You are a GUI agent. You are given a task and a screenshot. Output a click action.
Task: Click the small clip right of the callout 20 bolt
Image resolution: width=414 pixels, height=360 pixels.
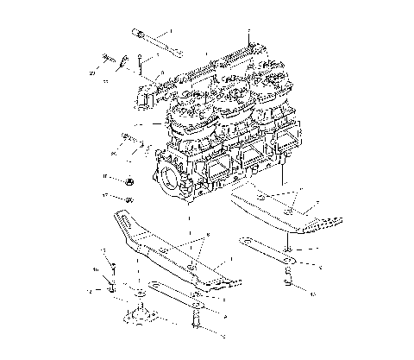coord(124,62)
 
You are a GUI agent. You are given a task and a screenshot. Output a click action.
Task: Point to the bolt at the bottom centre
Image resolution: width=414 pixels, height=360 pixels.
coord(198,324)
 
